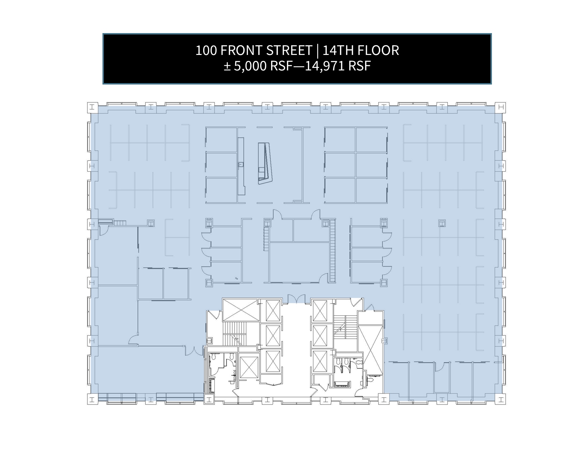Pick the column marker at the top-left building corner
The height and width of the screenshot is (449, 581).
[x=92, y=107]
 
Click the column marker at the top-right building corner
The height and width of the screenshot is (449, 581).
[x=500, y=107]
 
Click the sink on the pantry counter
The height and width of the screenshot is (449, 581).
[x=242, y=164]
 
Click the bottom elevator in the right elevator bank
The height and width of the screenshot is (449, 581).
[x=320, y=362]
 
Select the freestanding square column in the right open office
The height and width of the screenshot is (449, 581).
[x=442, y=223]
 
